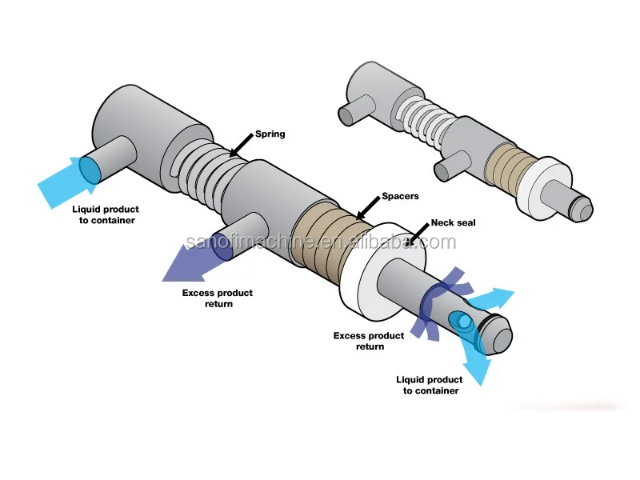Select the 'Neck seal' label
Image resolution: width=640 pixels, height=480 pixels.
453,222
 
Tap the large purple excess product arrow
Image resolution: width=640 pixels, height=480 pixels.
192,260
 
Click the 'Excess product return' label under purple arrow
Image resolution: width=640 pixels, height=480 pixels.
217,298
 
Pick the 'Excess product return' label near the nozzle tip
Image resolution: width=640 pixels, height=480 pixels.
370,341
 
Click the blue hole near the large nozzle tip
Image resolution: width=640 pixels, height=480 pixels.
463,322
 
